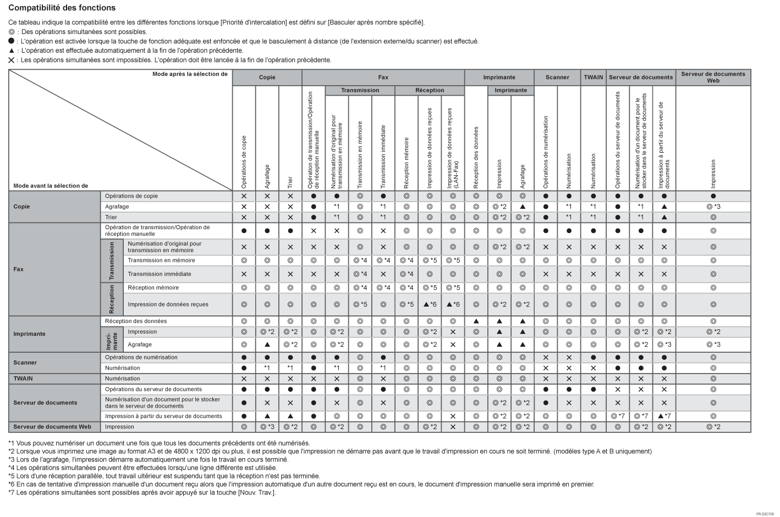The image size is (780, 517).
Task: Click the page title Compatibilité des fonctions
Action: click(x=62, y=8)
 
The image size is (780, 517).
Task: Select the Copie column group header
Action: click(x=267, y=77)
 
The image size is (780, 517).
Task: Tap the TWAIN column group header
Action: click(x=593, y=77)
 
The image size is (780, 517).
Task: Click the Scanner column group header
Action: click(x=557, y=77)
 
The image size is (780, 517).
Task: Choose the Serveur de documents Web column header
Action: click(x=713, y=77)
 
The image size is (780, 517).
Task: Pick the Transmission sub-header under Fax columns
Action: click(x=360, y=90)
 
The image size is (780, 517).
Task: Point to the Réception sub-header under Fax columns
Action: click(x=430, y=90)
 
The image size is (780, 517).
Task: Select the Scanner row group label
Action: click(x=25, y=363)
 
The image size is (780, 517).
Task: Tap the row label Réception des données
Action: click(x=136, y=321)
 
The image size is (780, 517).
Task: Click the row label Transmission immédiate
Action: click(x=160, y=274)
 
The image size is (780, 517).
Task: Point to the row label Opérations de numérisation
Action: click(x=141, y=357)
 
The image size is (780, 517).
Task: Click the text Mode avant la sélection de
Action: click(x=51, y=186)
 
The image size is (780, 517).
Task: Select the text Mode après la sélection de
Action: click(x=190, y=74)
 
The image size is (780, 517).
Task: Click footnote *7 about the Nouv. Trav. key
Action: click(x=142, y=492)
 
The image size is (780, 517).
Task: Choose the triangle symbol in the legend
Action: click(x=11, y=51)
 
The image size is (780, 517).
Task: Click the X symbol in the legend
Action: click(x=11, y=60)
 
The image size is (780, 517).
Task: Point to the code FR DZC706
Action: click(x=765, y=514)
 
